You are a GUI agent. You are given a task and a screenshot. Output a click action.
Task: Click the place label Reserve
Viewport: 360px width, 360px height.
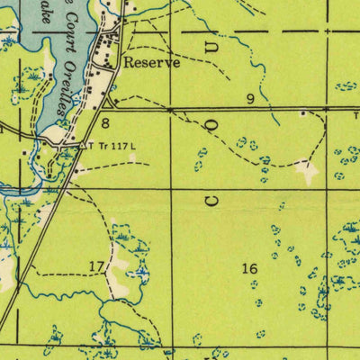tap(152, 63)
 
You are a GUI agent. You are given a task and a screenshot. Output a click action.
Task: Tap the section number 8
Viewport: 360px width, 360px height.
tap(105, 122)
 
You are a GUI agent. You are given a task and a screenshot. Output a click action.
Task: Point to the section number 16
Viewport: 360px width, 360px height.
tap(250, 267)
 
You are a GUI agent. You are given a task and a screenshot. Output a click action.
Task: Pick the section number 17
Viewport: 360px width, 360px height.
tap(96, 265)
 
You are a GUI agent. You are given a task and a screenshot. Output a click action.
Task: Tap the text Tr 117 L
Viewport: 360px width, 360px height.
tap(115, 144)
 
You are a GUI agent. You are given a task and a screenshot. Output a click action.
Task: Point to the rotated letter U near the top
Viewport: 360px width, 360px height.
tap(212, 42)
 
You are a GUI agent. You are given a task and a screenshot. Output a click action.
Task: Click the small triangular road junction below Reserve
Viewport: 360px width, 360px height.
tap(109, 102)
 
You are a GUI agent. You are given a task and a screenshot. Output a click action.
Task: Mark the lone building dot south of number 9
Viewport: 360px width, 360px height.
tap(303, 113)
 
